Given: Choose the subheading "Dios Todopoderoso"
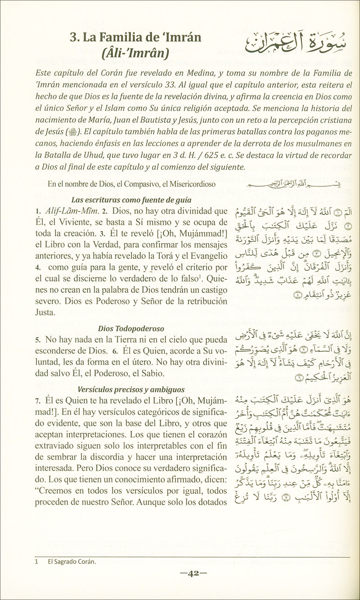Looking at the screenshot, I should pyautogui.click(x=131, y=328).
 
